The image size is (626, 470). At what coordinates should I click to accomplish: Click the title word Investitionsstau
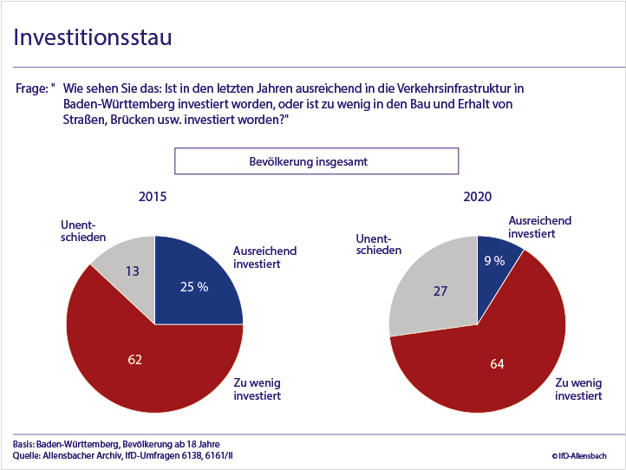click(x=92, y=38)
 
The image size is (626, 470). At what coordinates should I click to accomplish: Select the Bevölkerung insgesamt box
click(x=316, y=162)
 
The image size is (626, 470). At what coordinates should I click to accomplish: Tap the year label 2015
click(x=153, y=197)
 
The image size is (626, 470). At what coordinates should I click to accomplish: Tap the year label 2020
click(x=477, y=197)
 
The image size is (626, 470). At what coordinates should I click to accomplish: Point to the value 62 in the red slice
click(x=134, y=359)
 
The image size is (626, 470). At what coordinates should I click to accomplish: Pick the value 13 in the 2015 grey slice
click(x=133, y=271)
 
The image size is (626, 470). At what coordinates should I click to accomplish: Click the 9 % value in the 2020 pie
click(x=493, y=260)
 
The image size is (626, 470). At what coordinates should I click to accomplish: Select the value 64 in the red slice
click(x=497, y=364)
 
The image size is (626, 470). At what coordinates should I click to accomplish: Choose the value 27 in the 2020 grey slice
click(x=440, y=290)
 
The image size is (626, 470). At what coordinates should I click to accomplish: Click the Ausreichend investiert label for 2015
click(x=264, y=257)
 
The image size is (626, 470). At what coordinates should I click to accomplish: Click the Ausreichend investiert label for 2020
click(x=539, y=227)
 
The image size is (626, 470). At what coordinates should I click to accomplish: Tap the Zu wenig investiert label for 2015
click(x=258, y=388)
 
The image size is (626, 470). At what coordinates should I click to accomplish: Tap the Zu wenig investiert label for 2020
click(x=578, y=388)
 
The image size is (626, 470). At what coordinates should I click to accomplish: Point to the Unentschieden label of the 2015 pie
click(x=83, y=231)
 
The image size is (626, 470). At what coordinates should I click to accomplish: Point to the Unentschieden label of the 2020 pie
click(x=378, y=244)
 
